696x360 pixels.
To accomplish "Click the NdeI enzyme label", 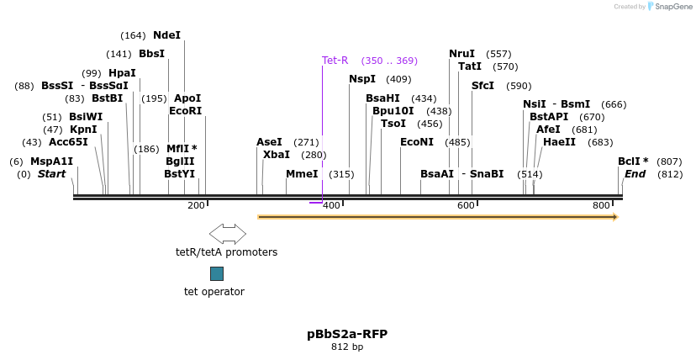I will point(166,35).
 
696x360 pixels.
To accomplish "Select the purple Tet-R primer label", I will point(335,61).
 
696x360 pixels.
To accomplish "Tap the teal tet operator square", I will point(217,273).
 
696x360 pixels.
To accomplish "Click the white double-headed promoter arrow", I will point(227,233).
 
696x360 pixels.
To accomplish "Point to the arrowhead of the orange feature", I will point(615,217).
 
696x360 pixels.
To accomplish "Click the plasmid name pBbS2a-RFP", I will point(347,334).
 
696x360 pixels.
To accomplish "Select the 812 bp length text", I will point(347,347).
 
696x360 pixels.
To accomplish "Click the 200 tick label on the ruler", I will point(196,206).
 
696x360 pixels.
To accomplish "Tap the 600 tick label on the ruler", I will point(466,206).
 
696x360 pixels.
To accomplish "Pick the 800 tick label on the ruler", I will point(601,206).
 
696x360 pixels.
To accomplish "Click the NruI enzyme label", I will point(461,54).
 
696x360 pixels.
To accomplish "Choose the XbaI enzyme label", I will point(277,155).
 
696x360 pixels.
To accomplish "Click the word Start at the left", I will point(51,174).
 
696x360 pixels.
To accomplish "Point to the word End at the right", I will point(635,174).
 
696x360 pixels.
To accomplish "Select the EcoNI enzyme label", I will point(417,142).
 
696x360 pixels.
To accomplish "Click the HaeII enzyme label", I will point(559,142).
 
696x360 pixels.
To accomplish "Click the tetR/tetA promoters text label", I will point(226,251).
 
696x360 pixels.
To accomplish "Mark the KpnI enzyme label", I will point(83,130).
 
